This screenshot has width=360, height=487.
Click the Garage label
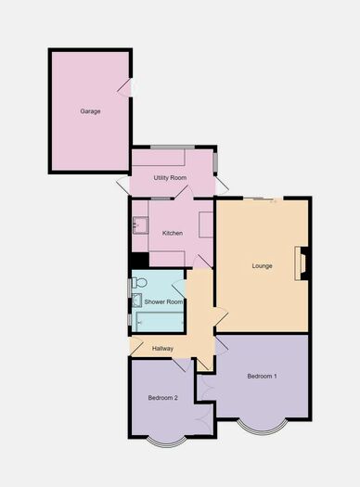[x=90, y=111]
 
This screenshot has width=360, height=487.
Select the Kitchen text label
[x=173, y=233]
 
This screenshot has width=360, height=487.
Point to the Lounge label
[x=262, y=266]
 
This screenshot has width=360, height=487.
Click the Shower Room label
[x=163, y=301]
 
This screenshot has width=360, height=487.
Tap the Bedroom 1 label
[x=262, y=376]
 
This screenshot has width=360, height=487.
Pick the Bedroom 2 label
[x=163, y=398]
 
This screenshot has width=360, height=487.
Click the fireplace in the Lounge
[x=301, y=263]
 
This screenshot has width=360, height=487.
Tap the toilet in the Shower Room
[x=139, y=282]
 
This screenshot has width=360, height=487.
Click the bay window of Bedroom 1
[x=262, y=428]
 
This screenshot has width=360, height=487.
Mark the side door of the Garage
[x=127, y=87]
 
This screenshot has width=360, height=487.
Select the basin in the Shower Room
[x=136, y=300]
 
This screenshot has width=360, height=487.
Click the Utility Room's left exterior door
[x=123, y=185]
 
